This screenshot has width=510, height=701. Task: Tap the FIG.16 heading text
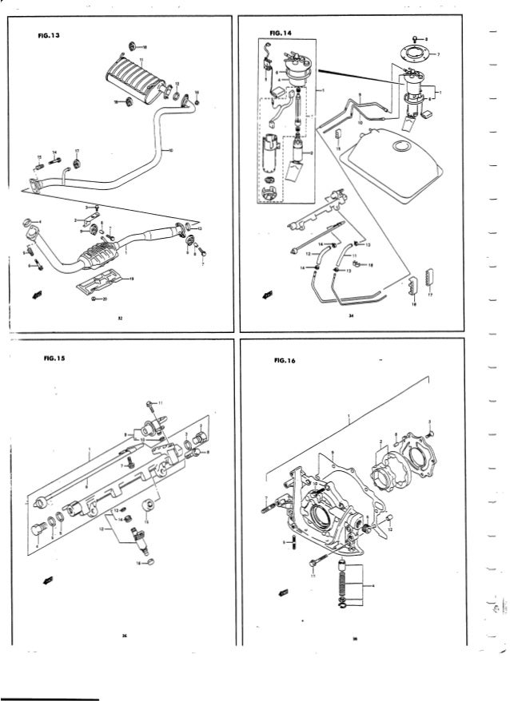[x=284, y=360]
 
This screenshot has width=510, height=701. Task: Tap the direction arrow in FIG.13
[x=34, y=295]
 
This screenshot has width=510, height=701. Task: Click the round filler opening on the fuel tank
[x=397, y=147]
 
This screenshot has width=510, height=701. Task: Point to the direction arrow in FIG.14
[x=267, y=295]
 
